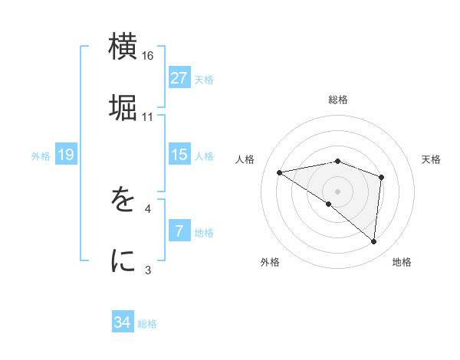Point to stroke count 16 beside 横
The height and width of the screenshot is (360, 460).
148,56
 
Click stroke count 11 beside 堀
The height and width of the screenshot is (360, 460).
148,117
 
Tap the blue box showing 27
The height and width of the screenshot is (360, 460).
179,78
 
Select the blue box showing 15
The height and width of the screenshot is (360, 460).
179,155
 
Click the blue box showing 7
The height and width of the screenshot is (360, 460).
179,231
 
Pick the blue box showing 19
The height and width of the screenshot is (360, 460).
66,155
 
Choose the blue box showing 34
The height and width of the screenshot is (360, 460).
123,322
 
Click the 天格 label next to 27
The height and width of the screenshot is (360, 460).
204,79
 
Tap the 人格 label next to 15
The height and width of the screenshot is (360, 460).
204,155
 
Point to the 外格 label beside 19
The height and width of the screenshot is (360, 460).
41,155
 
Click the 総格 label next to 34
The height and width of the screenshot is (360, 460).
147,323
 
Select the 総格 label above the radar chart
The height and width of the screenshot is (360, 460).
338,100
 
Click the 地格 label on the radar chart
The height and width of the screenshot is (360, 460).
402,262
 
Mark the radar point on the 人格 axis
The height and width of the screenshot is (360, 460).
280,172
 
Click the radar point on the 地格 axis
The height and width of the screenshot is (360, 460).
374,242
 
